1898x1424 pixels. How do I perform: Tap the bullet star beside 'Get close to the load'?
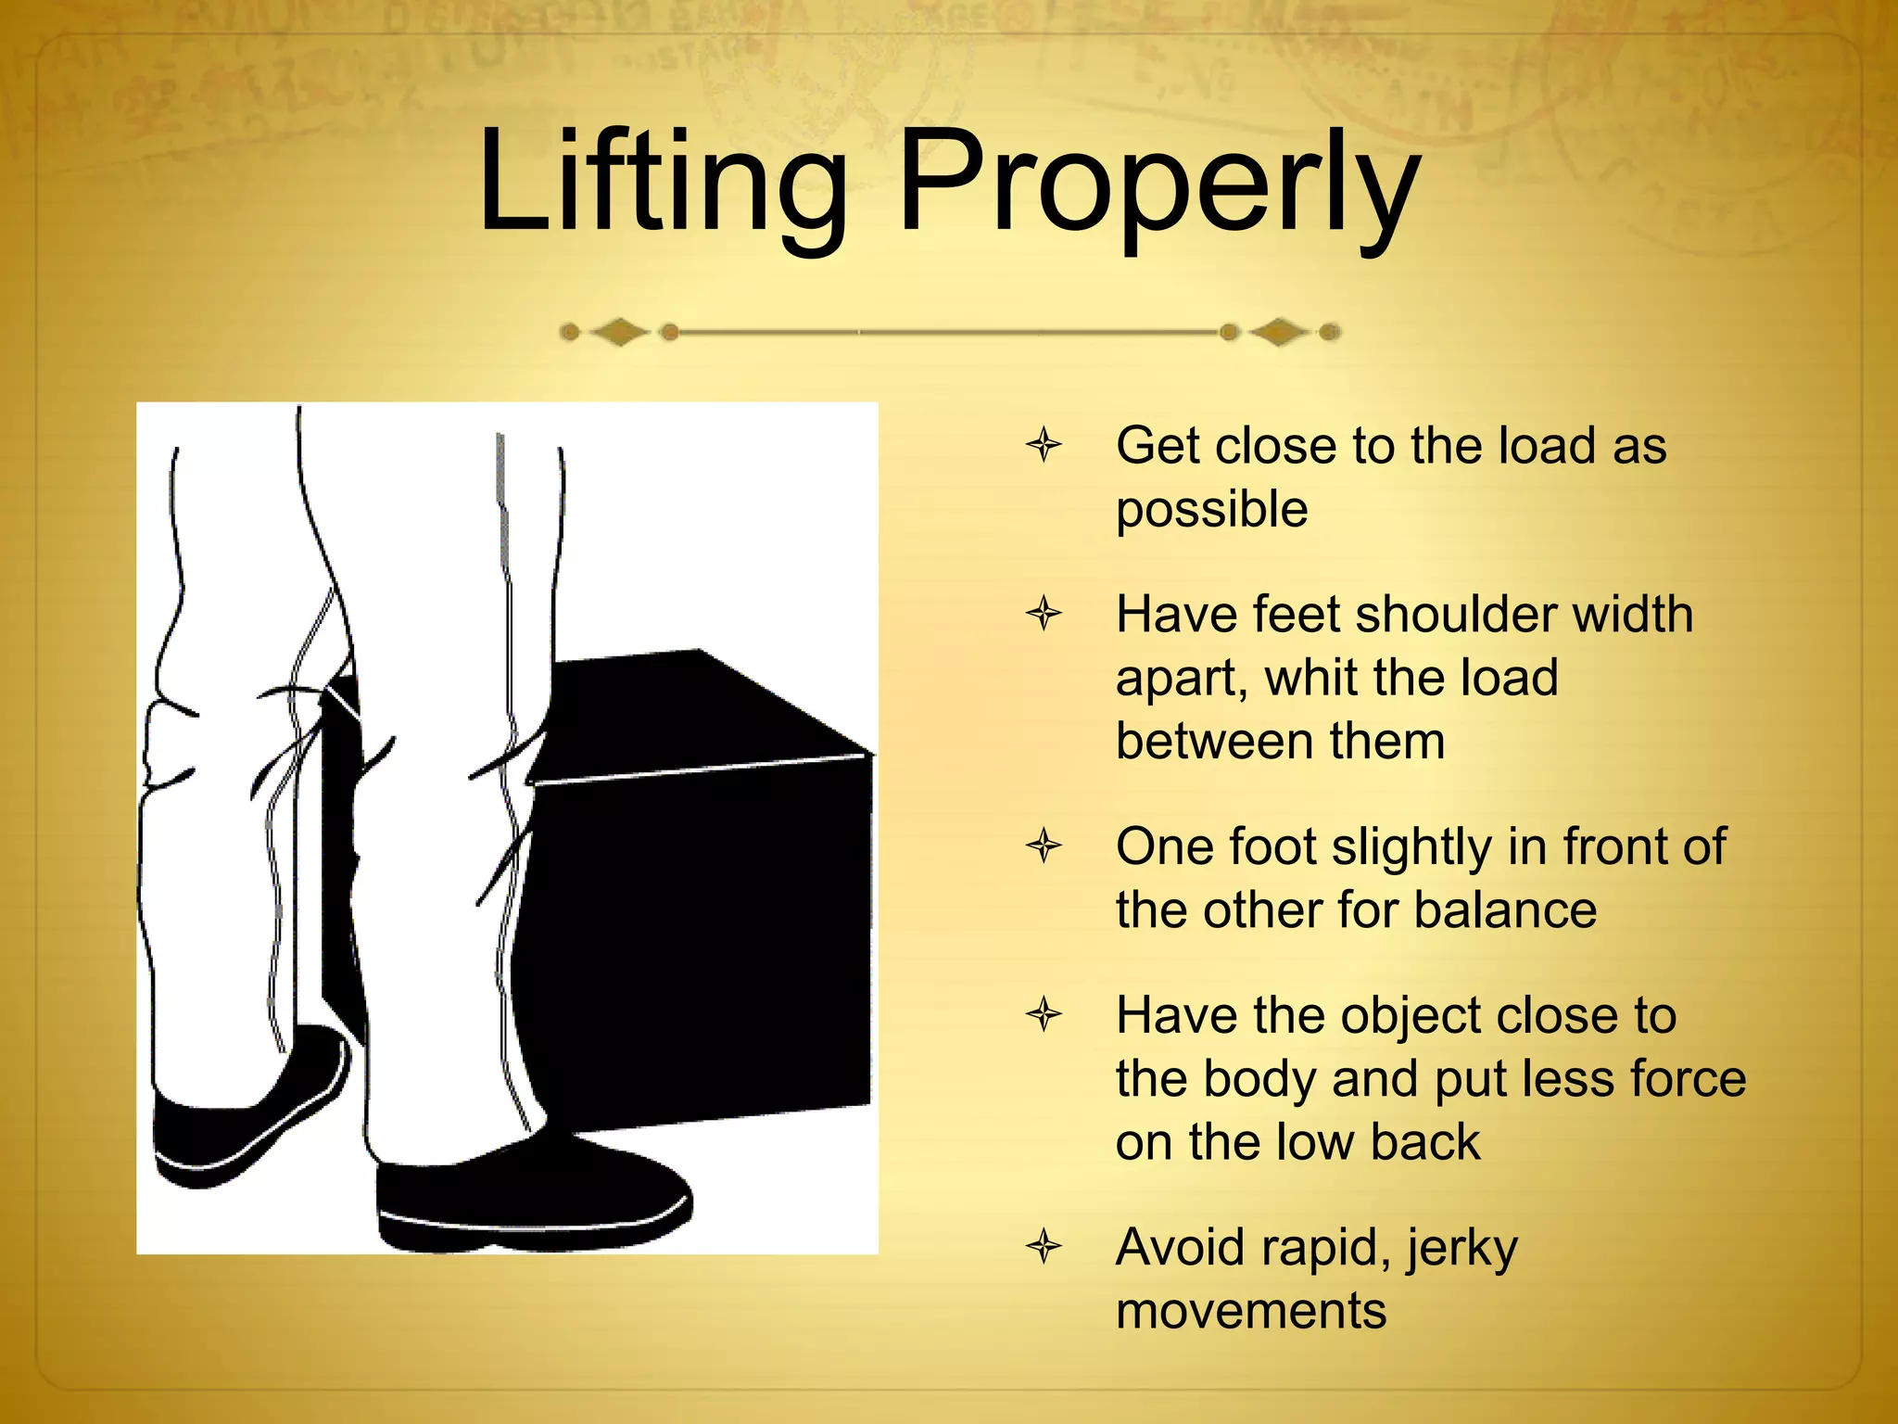(x=1044, y=445)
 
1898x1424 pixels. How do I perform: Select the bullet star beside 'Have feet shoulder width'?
(x=1044, y=614)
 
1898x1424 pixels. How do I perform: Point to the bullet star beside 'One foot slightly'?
(x=1044, y=845)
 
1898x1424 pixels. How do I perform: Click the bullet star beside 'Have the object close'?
(x=1044, y=1014)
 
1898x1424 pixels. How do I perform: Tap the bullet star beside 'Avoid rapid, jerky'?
(x=1044, y=1246)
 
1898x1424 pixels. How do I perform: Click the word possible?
(x=1211, y=510)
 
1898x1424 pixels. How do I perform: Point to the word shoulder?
(x=1448, y=615)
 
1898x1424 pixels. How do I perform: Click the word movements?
(x=1251, y=1311)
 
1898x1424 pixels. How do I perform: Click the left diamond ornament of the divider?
(x=619, y=332)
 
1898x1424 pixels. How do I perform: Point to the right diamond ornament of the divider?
(x=1280, y=332)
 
